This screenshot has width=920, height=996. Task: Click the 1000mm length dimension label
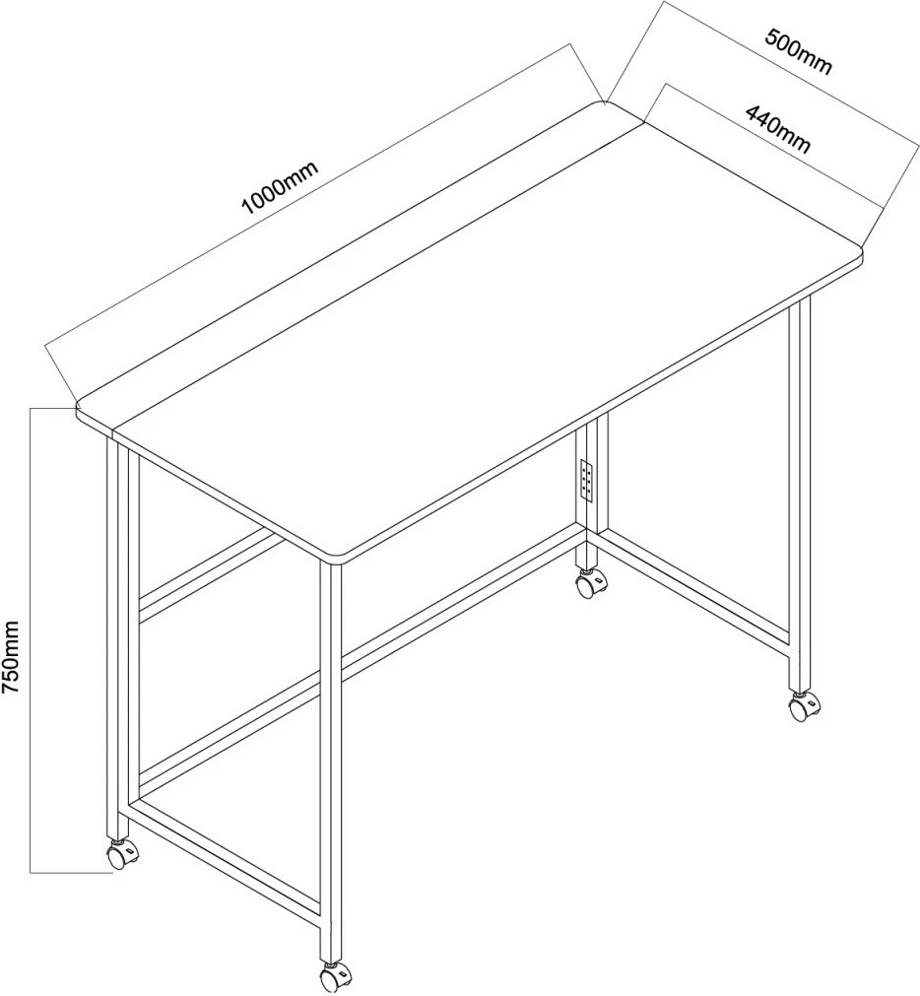280,187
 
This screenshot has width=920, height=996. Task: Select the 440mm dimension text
778,130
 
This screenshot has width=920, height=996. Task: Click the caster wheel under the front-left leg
120,855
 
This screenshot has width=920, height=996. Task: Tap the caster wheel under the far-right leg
805,707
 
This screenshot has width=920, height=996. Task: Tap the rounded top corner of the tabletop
602,103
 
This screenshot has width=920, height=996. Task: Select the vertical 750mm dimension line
31,640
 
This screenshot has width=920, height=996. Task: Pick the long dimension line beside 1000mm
308,195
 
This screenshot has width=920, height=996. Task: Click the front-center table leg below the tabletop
331,763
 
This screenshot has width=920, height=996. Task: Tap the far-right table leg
800,496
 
